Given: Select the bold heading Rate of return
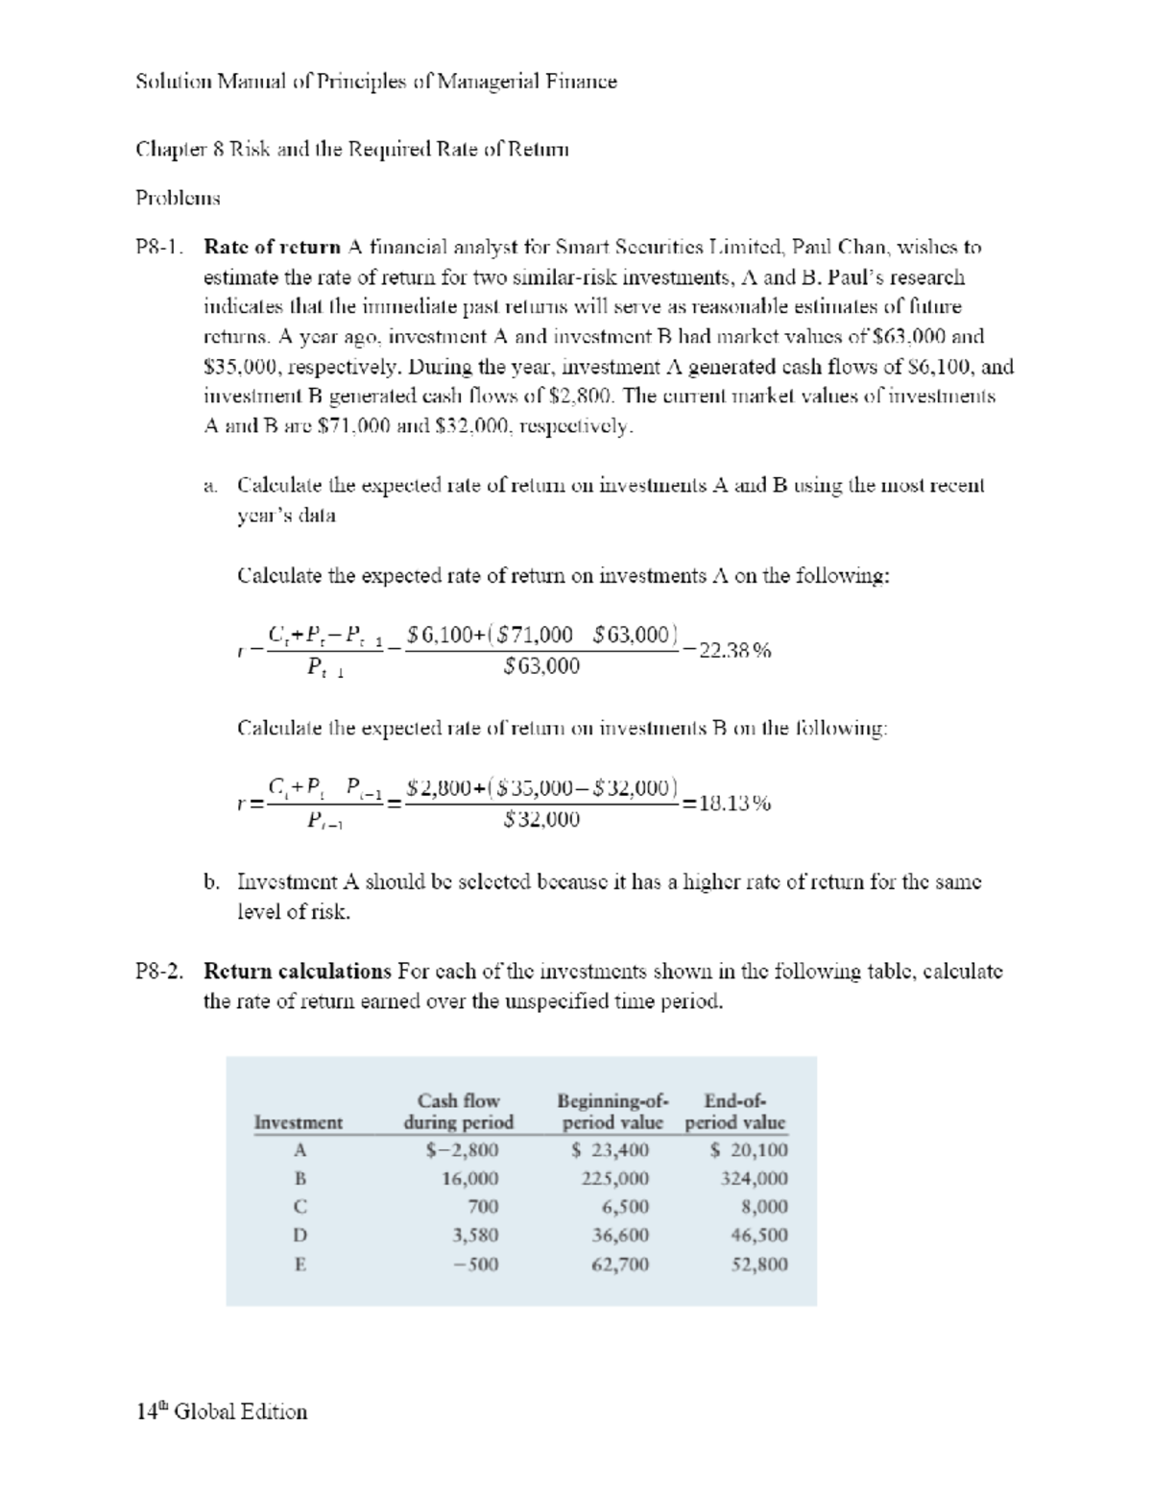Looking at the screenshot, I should tap(273, 247).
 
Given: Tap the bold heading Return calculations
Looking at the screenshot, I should tap(298, 971).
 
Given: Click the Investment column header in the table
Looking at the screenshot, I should tap(298, 1122).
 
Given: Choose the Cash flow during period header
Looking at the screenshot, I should tap(459, 1112).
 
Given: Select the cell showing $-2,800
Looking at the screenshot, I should tap(462, 1150).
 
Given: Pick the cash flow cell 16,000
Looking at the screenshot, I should tap(469, 1179).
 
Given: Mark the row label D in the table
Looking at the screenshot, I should tap(300, 1236).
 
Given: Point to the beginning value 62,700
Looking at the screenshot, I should tap(620, 1264).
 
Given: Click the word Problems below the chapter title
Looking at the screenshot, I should tap(178, 198).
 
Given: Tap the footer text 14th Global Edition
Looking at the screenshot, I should tap(222, 1411).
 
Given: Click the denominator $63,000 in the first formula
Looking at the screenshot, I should tap(541, 665).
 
